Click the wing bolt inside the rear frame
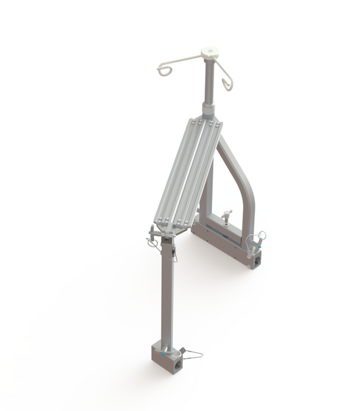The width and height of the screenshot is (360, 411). pyautogui.click(x=226, y=216)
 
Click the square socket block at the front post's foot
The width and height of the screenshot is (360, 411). pyautogui.click(x=164, y=359)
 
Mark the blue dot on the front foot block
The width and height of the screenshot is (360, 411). pyautogui.click(x=163, y=352)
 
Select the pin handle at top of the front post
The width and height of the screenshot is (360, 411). pyautogui.click(x=153, y=235)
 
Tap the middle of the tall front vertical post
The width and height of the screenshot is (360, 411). pyautogui.click(x=166, y=291)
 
